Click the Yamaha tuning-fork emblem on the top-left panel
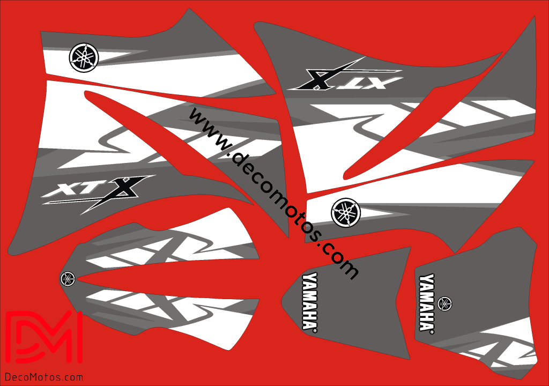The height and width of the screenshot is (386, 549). tap(84, 58)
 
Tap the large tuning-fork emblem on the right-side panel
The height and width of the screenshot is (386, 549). tap(346, 213)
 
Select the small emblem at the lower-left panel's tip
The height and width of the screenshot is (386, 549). tap(68, 279)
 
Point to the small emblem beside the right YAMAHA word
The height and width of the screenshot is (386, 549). tap(444, 303)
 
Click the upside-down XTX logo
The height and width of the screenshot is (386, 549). tap(345, 75)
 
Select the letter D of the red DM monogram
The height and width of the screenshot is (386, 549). tap(26, 337)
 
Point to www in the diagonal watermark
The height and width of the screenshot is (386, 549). tap(208, 129)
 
